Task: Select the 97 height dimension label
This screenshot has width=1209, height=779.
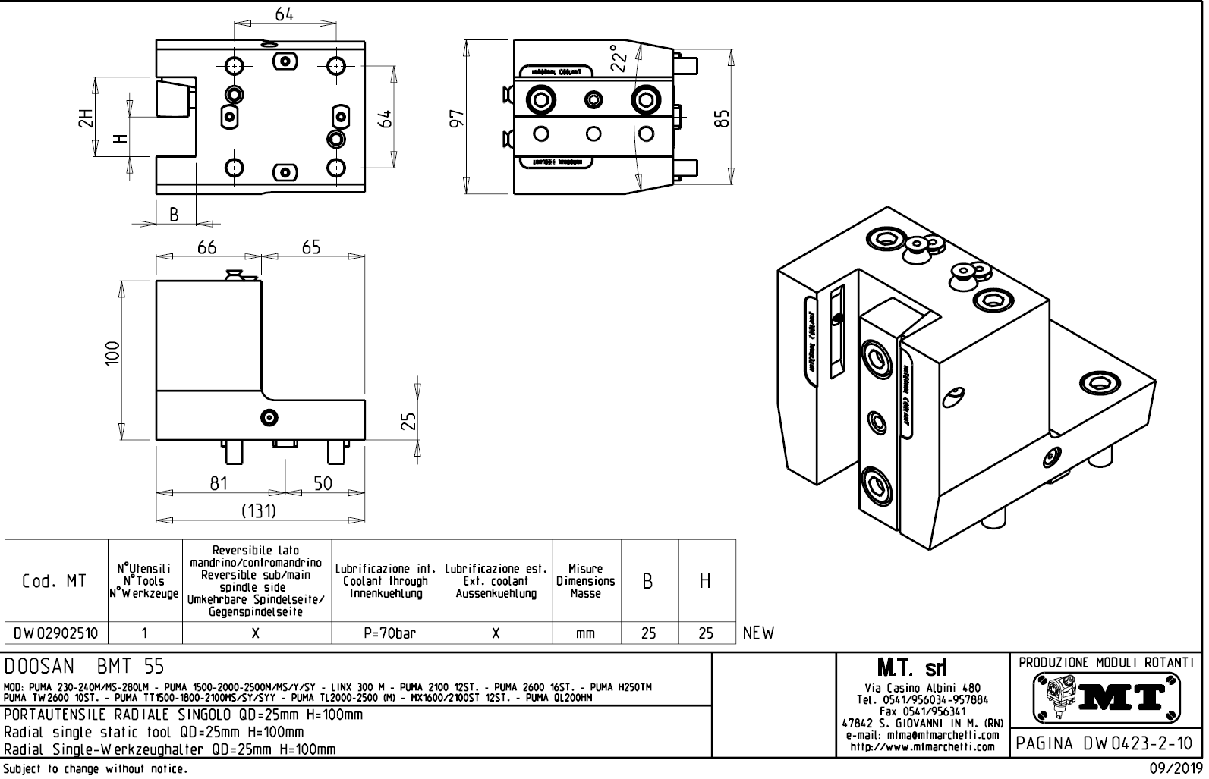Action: click(456, 118)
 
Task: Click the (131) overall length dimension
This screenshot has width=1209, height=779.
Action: click(258, 511)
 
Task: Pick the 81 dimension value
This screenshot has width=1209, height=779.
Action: click(219, 483)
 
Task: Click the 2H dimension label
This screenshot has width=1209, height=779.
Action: click(85, 119)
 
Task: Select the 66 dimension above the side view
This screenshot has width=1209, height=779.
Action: click(207, 248)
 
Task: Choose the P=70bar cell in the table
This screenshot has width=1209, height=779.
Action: click(386, 633)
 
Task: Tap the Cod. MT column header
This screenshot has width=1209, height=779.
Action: click(55, 581)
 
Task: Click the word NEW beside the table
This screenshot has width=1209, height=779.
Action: click(758, 633)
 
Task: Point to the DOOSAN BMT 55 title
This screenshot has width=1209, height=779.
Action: click(83, 667)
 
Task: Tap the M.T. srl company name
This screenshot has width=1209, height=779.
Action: click(919, 668)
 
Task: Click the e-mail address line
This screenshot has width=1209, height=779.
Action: click(919, 736)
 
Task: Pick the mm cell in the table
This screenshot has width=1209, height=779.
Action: click(585, 633)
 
